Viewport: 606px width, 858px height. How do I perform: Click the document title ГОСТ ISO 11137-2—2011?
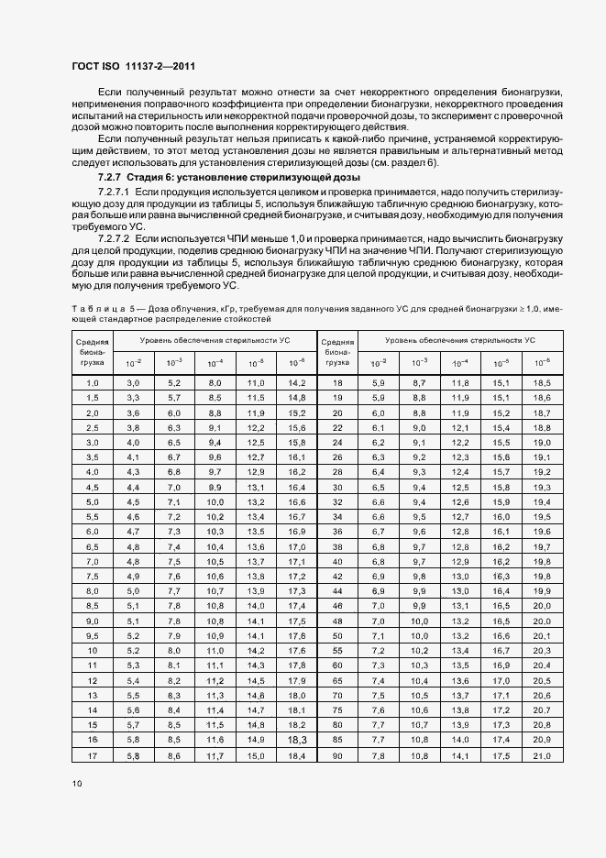click(x=132, y=66)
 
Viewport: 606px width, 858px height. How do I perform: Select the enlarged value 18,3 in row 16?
click(x=296, y=739)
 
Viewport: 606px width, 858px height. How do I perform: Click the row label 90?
click(x=337, y=755)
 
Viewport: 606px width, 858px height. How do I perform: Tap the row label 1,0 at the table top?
click(x=93, y=382)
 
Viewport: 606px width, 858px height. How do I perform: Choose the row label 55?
click(x=337, y=649)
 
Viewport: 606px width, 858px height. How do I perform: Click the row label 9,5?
click(x=93, y=635)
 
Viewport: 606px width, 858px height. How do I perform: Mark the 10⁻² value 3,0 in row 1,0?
click(x=133, y=382)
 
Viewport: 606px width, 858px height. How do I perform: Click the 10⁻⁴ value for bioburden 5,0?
click(x=215, y=502)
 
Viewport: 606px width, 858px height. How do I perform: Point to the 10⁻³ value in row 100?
click(x=419, y=755)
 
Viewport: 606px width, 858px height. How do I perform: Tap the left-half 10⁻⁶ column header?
click(x=296, y=363)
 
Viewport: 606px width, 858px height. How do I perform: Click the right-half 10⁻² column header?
click(x=379, y=363)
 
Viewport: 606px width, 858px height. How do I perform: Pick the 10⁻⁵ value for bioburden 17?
click(x=256, y=755)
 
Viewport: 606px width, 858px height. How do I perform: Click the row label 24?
click(x=337, y=442)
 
